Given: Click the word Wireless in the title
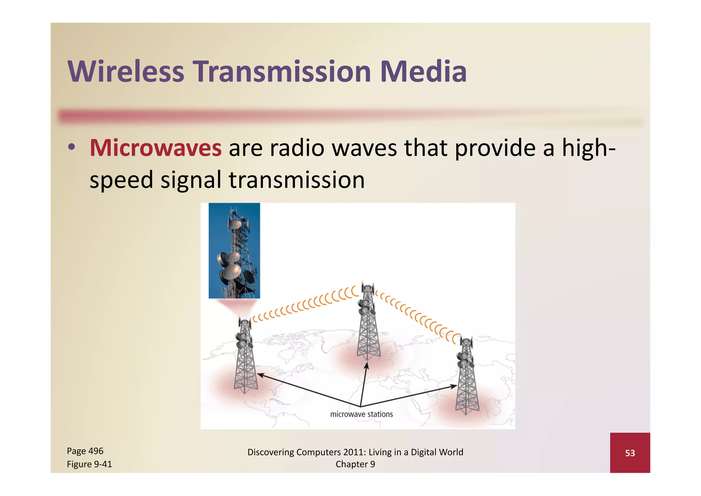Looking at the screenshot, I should click(x=126, y=72).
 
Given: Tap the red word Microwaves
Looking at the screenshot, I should click(x=156, y=148).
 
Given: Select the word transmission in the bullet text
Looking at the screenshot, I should click(x=296, y=180).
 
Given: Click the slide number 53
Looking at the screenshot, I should click(x=630, y=453).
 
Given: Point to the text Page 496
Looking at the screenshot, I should click(x=85, y=451).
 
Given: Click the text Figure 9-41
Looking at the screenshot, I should click(x=89, y=464).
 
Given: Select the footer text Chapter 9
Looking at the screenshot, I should click(x=355, y=464).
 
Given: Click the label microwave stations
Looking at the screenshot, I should click(x=361, y=414).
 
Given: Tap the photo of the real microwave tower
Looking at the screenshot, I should click(x=234, y=250).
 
